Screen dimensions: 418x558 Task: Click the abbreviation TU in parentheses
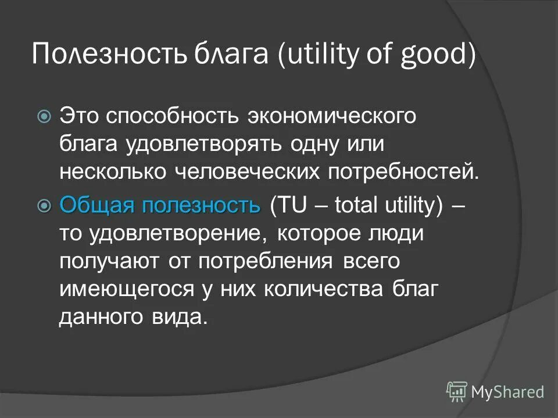click(290, 205)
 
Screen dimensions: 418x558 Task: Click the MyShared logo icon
click(457, 391)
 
